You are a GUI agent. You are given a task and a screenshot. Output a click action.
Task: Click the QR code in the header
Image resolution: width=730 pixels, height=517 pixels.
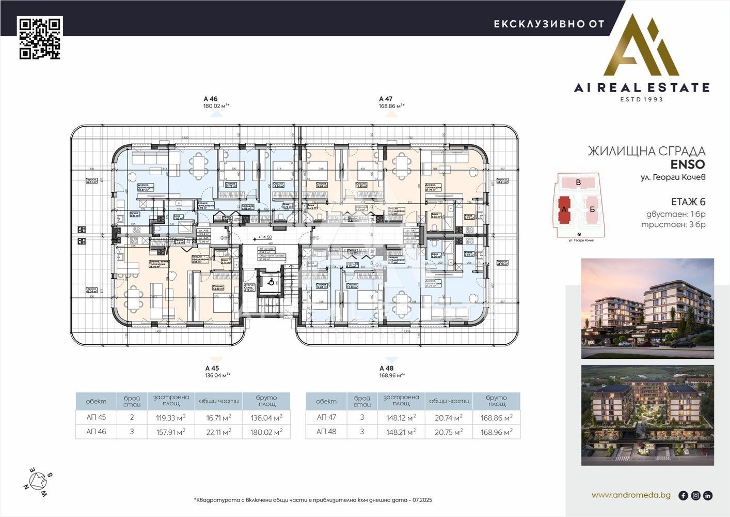click(x=40, y=38)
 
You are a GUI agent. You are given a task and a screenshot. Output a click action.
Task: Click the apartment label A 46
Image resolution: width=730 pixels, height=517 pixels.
click(x=211, y=99)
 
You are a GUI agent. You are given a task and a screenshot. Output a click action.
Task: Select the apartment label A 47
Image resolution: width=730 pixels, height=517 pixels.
click(x=386, y=99)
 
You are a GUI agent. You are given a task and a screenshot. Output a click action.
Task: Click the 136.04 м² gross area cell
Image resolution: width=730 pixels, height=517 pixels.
click(x=266, y=417)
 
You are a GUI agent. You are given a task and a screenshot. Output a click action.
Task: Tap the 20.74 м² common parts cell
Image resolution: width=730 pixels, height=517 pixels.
click(x=448, y=417)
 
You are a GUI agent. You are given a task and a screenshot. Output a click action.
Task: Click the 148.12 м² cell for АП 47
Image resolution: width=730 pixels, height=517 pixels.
click(x=401, y=417)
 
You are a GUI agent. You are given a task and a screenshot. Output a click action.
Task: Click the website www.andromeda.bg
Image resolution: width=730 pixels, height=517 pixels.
click(x=631, y=495)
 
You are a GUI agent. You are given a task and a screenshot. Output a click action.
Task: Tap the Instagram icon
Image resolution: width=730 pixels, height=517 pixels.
click(x=695, y=495)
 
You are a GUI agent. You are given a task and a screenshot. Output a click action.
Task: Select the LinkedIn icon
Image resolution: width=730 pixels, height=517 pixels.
click(x=708, y=495)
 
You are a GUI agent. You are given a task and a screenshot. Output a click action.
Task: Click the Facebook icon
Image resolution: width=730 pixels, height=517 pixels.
click(x=683, y=495)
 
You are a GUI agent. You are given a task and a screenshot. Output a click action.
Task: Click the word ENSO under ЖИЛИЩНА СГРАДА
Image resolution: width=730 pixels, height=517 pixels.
click(x=688, y=165)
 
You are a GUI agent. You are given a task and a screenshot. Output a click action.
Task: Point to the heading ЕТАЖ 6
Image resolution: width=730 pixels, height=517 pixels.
click(x=688, y=202)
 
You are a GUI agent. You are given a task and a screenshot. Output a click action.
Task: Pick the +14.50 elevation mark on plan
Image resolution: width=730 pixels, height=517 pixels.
click(x=265, y=238)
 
